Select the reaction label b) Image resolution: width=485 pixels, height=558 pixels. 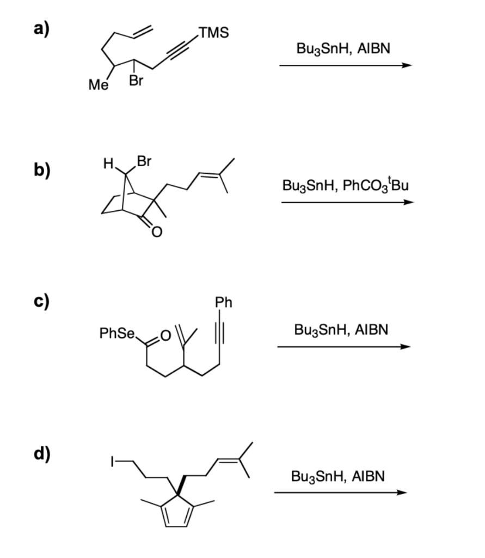[x=42, y=170]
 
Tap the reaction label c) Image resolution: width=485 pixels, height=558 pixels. [x=41, y=302]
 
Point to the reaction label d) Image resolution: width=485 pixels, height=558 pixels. [x=42, y=454]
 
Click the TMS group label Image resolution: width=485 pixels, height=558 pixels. [x=214, y=32]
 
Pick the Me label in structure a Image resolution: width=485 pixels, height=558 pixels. [x=99, y=84]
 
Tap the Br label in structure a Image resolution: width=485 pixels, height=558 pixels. [x=136, y=81]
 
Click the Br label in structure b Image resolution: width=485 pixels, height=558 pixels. [x=144, y=161]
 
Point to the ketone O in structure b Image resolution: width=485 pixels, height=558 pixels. [x=157, y=232]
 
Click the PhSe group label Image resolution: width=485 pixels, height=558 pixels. [x=117, y=333]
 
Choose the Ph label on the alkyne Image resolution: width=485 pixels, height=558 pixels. [x=223, y=302]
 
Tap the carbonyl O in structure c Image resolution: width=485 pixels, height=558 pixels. [x=165, y=335]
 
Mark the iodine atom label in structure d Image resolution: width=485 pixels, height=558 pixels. [x=112, y=462]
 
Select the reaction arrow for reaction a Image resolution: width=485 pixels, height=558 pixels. [x=346, y=65]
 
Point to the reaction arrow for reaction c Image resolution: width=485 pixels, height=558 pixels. [x=344, y=347]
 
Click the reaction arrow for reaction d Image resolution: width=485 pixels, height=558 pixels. [x=340, y=493]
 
